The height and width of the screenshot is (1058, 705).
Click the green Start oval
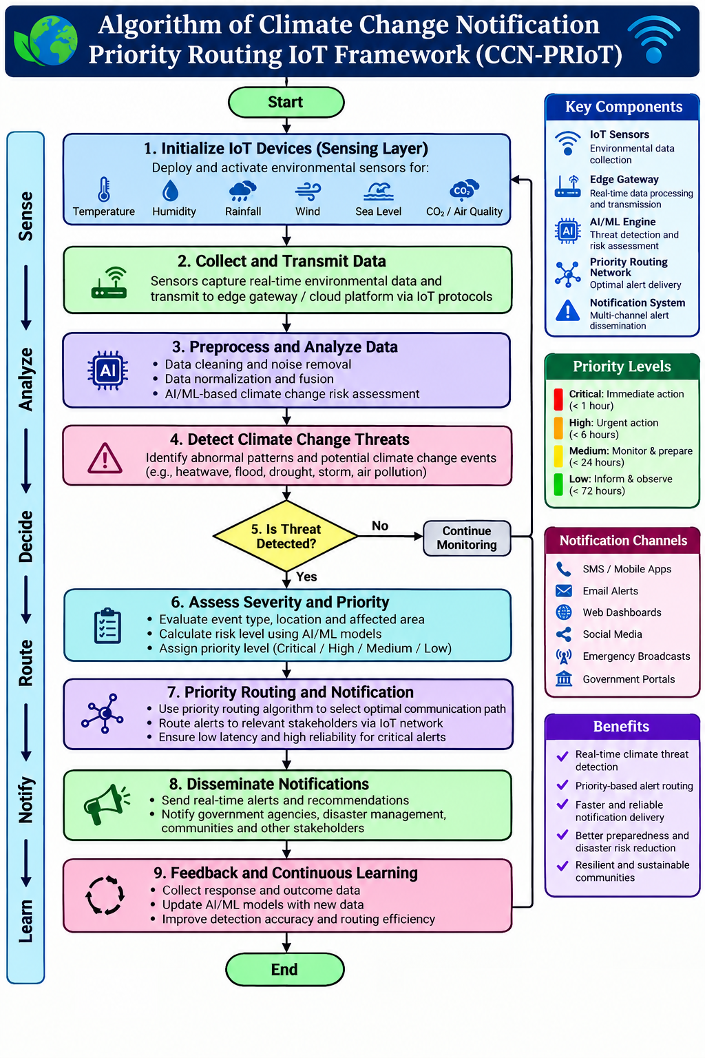(x=286, y=102)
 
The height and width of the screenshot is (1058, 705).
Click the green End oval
(x=285, y=969)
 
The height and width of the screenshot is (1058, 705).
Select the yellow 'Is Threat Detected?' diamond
(x=286, y=536)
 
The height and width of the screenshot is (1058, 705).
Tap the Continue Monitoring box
(x=467, y=538)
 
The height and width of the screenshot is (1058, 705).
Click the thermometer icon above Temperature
(x=104, y=189)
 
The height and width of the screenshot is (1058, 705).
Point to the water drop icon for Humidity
(x=171, y=190)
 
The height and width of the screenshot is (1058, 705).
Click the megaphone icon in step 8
(x=107, y=804)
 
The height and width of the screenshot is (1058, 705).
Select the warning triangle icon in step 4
(x=105, y=458)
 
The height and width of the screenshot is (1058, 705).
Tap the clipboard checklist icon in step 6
(x=107, y=626)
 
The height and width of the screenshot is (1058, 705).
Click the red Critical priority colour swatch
(x=558, y=400)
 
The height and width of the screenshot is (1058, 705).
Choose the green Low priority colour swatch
(x=558, y=485)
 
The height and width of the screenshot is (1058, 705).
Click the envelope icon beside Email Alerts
(x=564, y=591)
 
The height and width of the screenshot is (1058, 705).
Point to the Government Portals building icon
(x=564, y=678)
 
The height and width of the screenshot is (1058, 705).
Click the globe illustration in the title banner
(x=49, y=41)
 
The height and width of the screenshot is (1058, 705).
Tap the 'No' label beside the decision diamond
(x=380, y=526)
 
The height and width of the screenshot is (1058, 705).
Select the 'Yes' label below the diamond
(x=306, y=577)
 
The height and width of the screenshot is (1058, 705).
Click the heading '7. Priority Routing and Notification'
(x=291, y=692)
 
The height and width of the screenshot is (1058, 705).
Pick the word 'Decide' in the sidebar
(x=26, y=537)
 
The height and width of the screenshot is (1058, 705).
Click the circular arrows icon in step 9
(x=105, y=895)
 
